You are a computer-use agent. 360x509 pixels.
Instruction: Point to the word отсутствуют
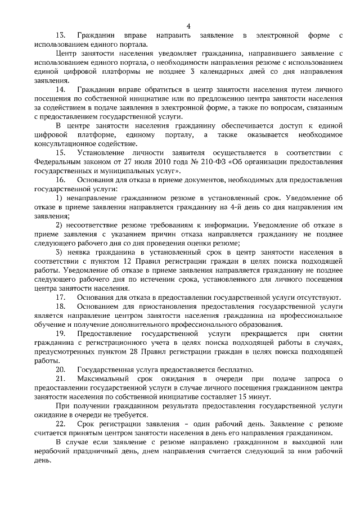319,296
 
